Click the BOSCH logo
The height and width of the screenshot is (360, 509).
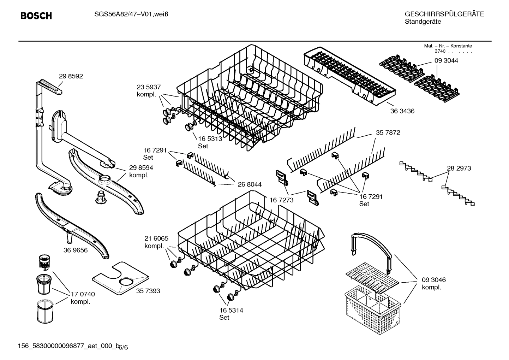click(x=36, y=16)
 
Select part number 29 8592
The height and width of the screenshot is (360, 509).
click(x=71, y=76)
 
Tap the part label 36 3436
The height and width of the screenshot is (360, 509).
click(x=402, y=111)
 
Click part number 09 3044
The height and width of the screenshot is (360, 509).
click(x=446, y=61)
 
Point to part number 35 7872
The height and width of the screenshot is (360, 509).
click(x=388, y=133)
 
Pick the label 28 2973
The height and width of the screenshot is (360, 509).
click(x=459, y=169)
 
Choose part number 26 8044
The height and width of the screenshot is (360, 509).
click(x=250, y=184)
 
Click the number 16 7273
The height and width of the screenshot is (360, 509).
click(x=281, y=200)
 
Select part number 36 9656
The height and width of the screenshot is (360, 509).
click(x=76, y=250)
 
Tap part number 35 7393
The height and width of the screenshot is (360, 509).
click(x=148, y=291)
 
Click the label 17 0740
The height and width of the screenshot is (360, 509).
click(x=83, y=294)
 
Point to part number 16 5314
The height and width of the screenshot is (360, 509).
click(x=231, y=311)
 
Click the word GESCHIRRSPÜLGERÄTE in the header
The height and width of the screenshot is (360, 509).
click(x=444, y=14)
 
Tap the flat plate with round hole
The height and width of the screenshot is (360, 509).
click(x=120, y=279)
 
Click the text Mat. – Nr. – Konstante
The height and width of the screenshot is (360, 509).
click(x=448, y=46)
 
